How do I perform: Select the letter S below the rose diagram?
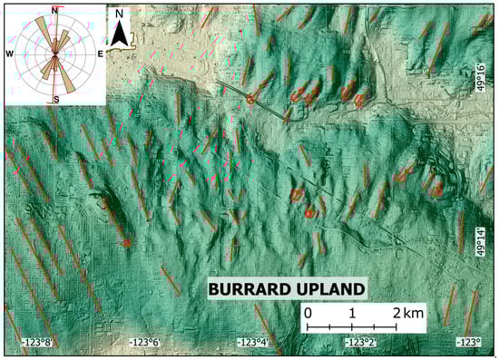(56, 98)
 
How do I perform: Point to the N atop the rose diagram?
(56, 10)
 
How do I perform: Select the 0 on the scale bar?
(308, 313)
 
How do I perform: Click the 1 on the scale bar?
(352, 313)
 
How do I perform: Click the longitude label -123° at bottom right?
(467, 343)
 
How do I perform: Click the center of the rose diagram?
(55, 54)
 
